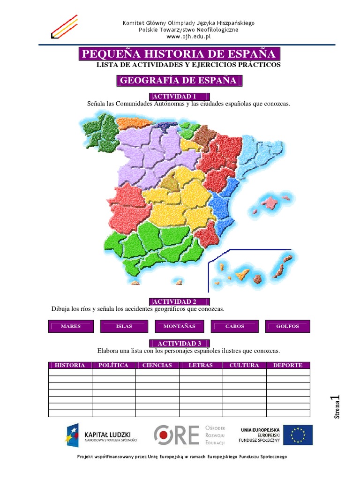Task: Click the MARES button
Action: pos(71,326)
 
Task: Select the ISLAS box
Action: pos(124,326)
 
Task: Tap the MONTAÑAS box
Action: pos(180,326)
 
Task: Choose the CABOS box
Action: pos(234,326)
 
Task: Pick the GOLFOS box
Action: pos(287,326)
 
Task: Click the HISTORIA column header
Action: pos(70,365)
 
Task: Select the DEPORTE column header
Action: pos(288,365)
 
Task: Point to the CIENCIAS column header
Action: pos(157,365)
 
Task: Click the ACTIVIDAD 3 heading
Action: pos(179,343)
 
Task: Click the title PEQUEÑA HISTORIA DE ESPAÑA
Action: pos(179,54)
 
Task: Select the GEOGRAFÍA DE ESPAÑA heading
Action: pos(179,81)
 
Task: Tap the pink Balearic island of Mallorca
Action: pos(270,202)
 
